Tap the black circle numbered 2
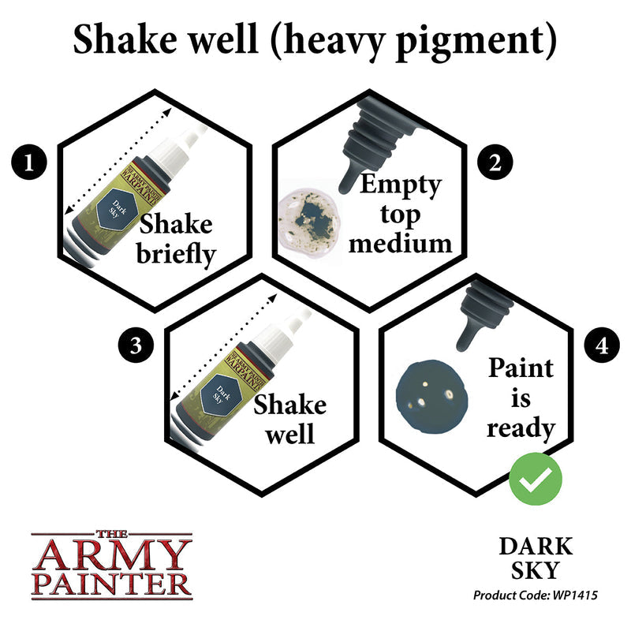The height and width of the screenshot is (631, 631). click(x=495, y=163)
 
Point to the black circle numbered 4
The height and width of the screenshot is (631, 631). click(x=601, y=345)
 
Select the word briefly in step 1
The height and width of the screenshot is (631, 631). click(x=175, y=257)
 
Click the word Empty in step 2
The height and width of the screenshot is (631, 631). click(x=400, y=185)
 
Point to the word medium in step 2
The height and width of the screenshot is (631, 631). click(x=401, y=242)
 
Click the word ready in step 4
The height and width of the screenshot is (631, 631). click(x=521, y=428)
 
